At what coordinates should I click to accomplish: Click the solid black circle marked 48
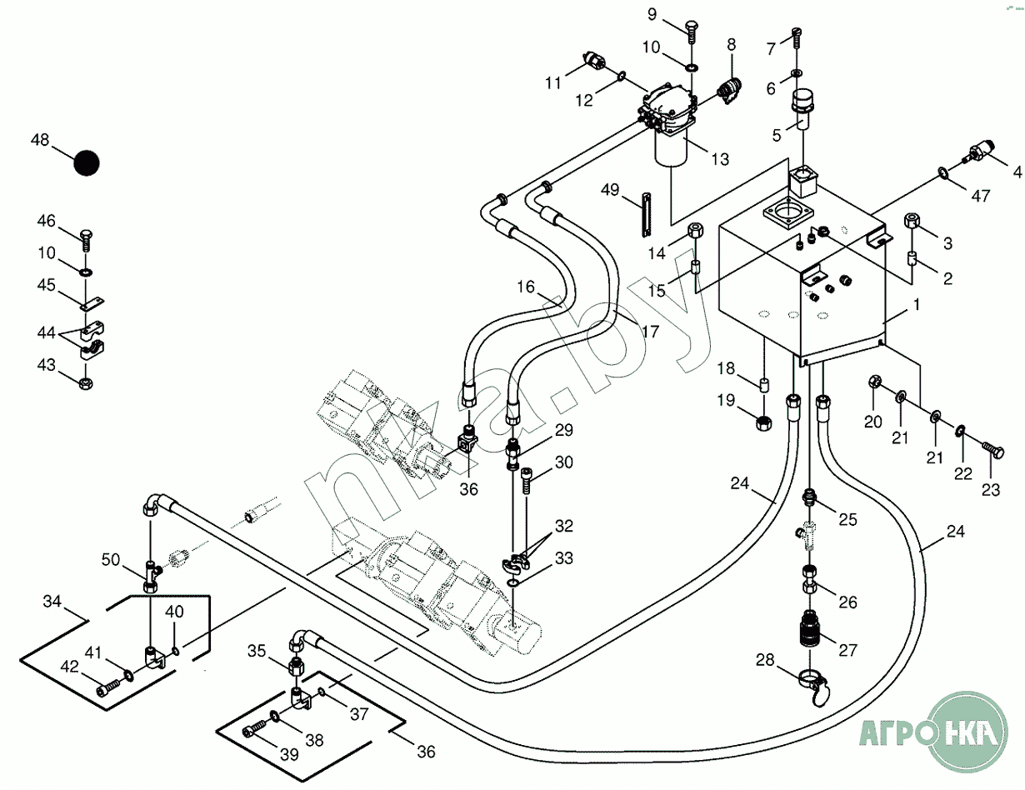(86, 162)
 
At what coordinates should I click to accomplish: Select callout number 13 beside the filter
(719, 159)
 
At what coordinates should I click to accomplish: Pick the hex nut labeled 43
(86, 383)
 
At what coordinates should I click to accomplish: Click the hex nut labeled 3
(914, 224)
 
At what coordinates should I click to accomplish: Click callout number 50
(110, 558)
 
